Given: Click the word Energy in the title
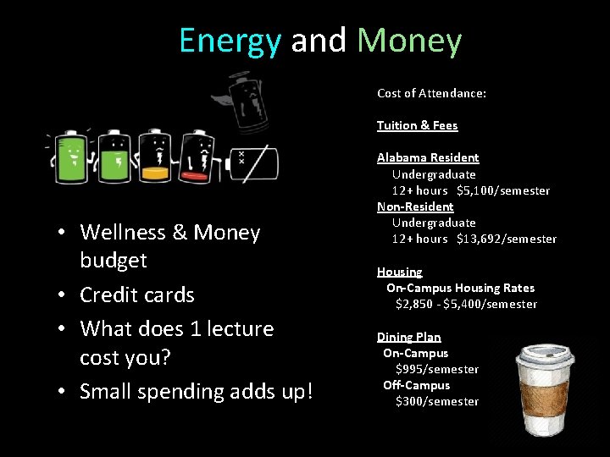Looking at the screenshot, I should (230, 41).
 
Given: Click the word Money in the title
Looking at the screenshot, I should (409, 41).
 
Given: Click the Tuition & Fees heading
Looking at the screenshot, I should (417, 125).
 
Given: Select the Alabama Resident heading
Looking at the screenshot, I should (428, 157).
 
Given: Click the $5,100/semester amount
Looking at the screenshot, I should (502, 190).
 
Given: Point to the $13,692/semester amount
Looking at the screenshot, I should (506, 239).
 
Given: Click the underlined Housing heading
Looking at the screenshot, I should (399, 272).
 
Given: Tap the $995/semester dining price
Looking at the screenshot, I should (436, 369).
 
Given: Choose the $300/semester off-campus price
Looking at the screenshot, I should (436, 401).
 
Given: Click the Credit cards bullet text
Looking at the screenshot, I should (136, 295).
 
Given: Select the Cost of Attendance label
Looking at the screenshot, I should (431, 93).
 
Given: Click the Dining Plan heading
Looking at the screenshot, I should (408, 337).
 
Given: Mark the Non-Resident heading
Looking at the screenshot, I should (415, 206).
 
